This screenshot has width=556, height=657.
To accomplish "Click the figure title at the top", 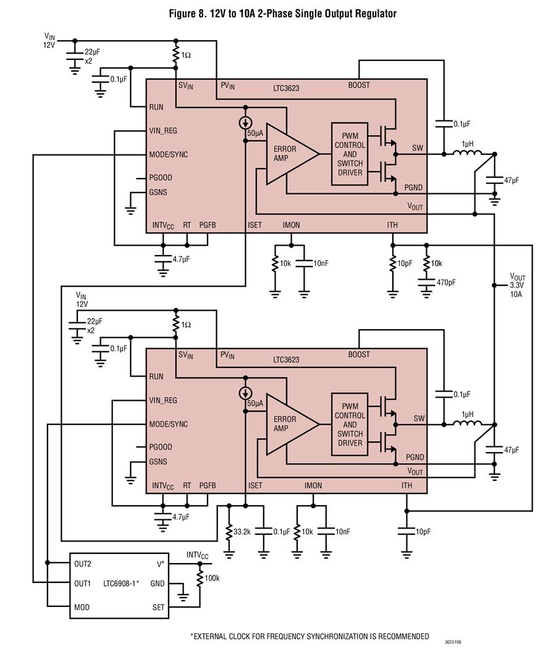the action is [x=282, y=14].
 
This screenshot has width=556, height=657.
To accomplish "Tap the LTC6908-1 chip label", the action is [x=120, y=584].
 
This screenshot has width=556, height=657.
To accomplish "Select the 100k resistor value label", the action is [x=212, y=578].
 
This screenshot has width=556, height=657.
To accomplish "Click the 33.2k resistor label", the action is [x=242, y=532].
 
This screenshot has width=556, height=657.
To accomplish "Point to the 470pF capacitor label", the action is [x=446, y=283].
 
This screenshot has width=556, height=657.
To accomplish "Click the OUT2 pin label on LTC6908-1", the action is [x=83, y=564].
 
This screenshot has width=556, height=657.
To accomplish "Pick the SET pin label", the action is [x=159, y=607].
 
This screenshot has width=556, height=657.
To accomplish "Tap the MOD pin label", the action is [x=82, y=607].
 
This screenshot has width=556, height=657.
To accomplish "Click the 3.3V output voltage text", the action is [x=516, y=285].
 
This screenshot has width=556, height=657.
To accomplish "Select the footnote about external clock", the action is [x=310, y=637].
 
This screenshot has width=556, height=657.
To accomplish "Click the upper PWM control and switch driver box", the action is [x=350, y=154].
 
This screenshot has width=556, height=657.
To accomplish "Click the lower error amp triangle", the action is [x=293, y=424].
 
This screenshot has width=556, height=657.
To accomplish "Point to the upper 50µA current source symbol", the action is [x=246, y=123].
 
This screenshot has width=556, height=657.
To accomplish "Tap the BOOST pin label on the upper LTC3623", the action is [x=359, y=85].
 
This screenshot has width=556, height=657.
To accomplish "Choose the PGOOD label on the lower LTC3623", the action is [x=161, y=447].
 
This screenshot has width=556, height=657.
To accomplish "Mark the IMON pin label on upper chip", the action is [x=292, y=225].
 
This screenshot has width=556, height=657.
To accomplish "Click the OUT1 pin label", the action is [x=83, y=584].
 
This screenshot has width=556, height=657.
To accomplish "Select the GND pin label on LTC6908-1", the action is [x=158, y=584].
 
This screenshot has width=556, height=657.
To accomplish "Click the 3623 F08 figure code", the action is [x=453, y=642].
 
